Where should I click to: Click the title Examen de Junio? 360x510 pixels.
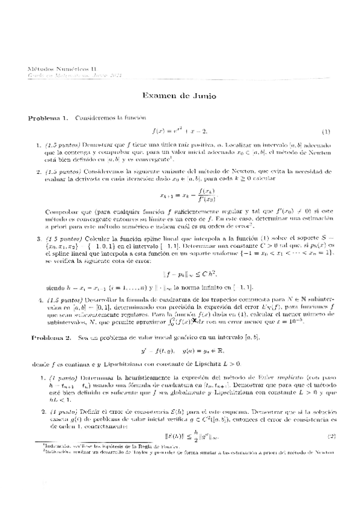tap(179, 96)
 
